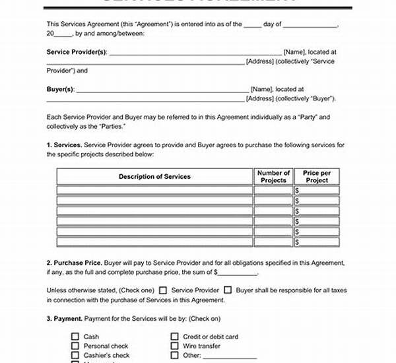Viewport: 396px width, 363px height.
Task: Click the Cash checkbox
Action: [x=75, y=337]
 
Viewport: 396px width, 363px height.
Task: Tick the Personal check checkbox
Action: [x=75, y=345]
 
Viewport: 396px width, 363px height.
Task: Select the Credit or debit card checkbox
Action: [x=174, y=337]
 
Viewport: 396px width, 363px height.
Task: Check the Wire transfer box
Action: [x=174, y=345]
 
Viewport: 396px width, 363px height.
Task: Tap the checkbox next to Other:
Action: [x=174, y=354]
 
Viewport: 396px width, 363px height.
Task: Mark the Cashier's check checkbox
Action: [x=75, y=354]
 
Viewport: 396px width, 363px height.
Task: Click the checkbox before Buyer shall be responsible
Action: [x=228, y=289]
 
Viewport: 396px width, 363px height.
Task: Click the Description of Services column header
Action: [x=154, y=176]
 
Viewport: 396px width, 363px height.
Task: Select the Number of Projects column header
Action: [x=273, y=176]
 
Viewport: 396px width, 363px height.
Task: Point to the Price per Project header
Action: [x=316, y=176]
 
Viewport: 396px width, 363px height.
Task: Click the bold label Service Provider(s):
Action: [x=76, y=51]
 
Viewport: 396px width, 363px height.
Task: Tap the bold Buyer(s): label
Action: [x=61, y=88]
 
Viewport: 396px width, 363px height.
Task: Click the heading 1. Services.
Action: [x=64, y=144]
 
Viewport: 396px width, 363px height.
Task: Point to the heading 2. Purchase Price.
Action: [x=73, y=262]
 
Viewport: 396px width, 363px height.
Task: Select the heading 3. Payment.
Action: [x=65, y=318]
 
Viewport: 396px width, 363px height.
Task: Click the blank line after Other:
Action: [x=230, y=355]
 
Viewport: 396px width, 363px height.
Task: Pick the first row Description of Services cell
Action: [x=154, y=190]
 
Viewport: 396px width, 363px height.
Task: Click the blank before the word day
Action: [x=252, y=25]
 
